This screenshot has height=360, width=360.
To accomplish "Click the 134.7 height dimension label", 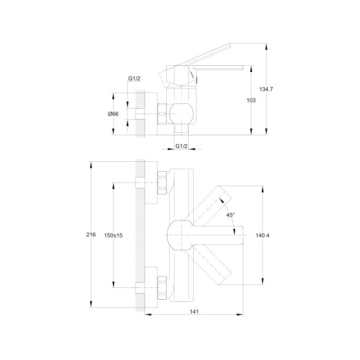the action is (266, 89).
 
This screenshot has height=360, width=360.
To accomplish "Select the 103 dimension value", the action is (251, 100).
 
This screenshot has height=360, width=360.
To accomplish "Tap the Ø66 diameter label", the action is (114, 114).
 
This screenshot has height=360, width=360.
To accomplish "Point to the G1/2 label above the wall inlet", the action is (134, 78).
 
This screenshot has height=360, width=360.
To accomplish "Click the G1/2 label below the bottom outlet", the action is (181, 146).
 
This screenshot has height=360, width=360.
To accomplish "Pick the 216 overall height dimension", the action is (91, 235).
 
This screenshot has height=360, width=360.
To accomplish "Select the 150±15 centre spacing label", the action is (114, 235).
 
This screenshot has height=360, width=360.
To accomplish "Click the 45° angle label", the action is (231, 215).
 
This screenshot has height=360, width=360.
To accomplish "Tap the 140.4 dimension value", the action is (262, 235).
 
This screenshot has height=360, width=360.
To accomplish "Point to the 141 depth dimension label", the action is (194, 312).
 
